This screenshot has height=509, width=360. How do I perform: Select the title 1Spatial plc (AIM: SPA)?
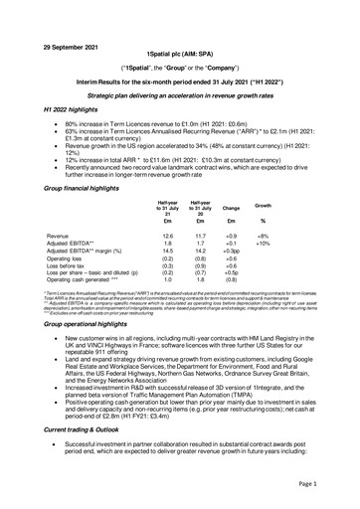coord(180,36)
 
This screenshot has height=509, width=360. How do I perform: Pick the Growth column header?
coord(291,203)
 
